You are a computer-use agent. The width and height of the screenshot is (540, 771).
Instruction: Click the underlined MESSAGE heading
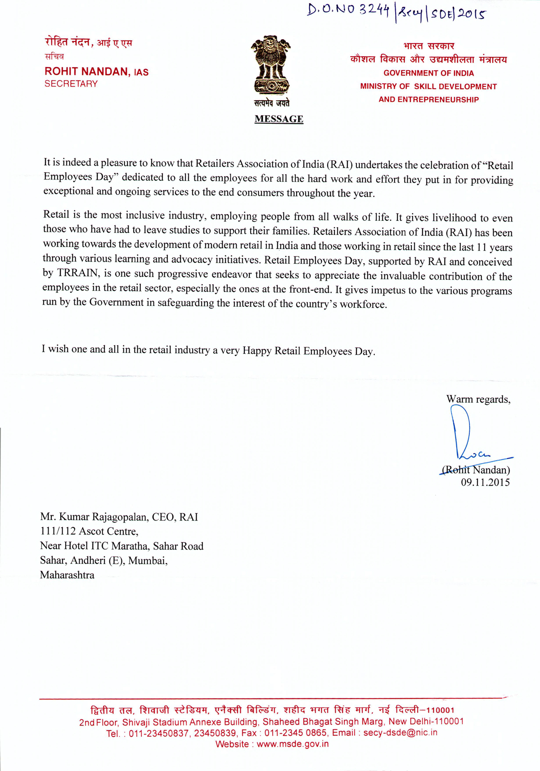(279, 119)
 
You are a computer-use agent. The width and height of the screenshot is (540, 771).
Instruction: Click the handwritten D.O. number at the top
(396, 12)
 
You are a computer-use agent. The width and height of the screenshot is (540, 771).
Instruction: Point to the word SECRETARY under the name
(71, 84)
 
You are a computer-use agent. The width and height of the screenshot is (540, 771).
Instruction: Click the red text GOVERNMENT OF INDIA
(428, 73)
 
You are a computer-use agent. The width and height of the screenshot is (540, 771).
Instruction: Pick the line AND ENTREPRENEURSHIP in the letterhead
(428, 99)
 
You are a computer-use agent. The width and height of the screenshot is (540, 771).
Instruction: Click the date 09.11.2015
(485, 483)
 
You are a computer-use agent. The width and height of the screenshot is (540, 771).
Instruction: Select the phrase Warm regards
(478, 399)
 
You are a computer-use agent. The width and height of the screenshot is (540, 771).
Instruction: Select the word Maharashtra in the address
(67, 575)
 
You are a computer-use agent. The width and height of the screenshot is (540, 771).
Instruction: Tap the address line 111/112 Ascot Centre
(89, 531)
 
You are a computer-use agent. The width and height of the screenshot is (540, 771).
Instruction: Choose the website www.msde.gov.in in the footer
(292, 744)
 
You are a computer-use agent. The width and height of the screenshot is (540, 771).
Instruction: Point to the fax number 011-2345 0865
(295, 733)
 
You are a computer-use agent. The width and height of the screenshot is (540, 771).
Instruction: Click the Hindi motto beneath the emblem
(271, 103)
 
